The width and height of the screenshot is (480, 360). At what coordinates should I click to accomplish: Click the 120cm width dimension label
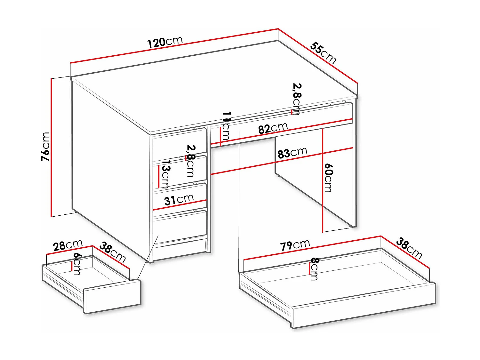[x=165, y=42]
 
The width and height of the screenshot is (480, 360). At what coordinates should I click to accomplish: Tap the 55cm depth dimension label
[x=323, y=53]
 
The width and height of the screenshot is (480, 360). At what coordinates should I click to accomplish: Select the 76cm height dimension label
[x=46, y=147]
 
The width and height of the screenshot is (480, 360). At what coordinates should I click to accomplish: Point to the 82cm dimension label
[x=273, y=128]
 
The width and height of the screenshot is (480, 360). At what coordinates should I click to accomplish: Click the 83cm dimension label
[x=292, y=153]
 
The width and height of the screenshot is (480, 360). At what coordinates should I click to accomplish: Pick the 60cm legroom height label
[x=329, y=178]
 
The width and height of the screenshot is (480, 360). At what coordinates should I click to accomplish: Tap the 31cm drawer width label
[x=179, y=200]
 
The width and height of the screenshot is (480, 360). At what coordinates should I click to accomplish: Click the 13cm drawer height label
[x=165, y=174]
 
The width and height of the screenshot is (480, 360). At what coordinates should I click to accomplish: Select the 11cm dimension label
[x=226, y=126]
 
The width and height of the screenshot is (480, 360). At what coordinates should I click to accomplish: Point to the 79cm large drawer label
[x=295, y=245]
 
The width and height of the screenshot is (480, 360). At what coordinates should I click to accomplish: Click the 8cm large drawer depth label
[x=315, y=269]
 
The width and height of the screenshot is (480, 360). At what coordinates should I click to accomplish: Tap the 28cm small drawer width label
[x=68, y=245]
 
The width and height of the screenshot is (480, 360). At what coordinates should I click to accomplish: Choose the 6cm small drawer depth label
[x=77, y=264]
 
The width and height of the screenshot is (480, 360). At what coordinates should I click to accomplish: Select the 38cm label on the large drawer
[x=409, y=248]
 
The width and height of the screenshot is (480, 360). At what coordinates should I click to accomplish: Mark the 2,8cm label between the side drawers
[x=190, y=161]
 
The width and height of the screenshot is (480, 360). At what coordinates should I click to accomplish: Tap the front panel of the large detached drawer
[x=363, y=306]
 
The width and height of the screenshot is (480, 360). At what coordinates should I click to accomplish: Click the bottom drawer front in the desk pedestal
[x=180, y=227]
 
